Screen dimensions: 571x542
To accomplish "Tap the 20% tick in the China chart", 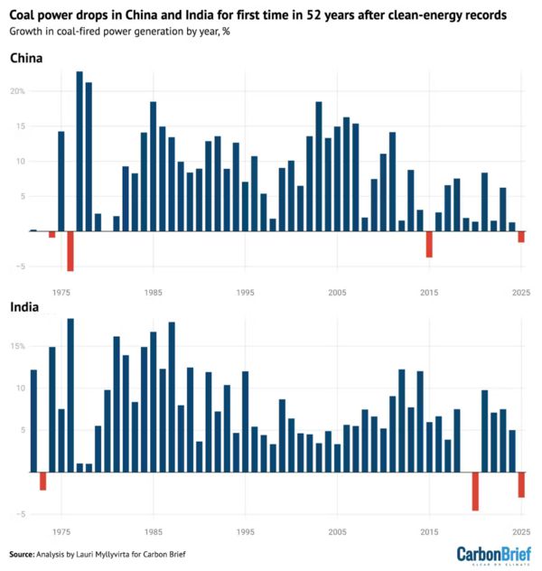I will point(18,91).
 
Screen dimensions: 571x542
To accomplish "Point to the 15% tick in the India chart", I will point(18,346).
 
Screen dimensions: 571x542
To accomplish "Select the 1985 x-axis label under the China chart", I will point(153,293).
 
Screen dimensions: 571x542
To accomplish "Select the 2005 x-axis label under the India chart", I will point(337,533).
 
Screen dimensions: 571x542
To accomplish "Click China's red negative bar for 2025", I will point(521,237).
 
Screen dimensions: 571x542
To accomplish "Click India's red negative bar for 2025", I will point(521,484).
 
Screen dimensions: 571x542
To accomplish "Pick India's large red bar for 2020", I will point(475,491).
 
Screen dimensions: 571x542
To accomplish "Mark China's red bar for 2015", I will point(429,244).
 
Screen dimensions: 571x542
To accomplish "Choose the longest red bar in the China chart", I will point(70,251).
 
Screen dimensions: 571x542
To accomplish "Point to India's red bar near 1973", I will point(42,481).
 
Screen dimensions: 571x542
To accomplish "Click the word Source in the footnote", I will point(22,553).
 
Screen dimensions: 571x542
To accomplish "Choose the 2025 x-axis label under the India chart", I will point(520,533).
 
